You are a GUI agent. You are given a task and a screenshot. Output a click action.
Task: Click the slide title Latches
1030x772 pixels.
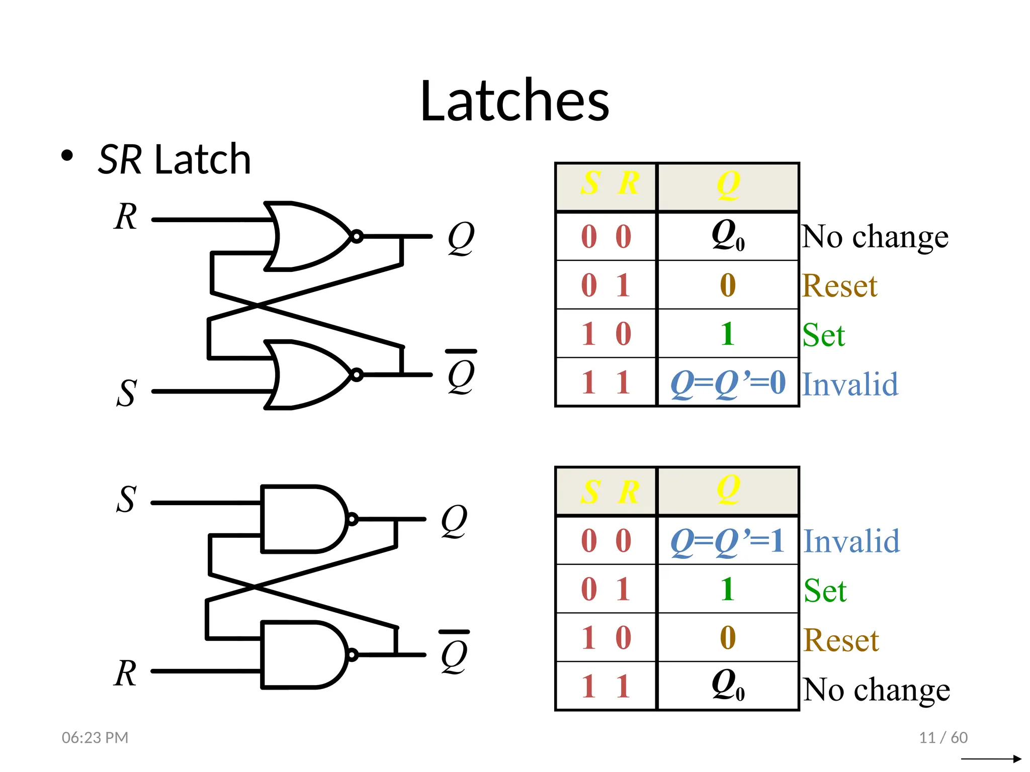514,101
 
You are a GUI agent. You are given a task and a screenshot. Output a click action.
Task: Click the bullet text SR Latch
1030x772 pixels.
174,160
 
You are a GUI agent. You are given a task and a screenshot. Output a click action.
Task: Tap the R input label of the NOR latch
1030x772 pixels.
125,217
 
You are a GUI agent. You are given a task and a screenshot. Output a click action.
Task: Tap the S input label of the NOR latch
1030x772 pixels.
126,393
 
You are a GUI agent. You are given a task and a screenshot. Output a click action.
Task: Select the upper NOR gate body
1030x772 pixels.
307,236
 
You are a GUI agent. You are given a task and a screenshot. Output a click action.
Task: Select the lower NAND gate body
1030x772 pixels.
302,654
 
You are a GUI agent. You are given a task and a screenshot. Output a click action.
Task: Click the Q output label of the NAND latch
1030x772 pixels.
454,521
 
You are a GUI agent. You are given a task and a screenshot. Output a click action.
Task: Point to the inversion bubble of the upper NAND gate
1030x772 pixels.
353,519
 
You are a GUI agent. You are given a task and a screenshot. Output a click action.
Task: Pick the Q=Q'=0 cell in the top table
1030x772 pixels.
728,383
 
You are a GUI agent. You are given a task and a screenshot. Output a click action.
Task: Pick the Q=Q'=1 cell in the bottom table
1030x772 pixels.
728,541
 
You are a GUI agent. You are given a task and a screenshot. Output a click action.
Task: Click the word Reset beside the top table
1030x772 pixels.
839,285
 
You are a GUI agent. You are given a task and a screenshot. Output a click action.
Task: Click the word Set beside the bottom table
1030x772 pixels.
825,590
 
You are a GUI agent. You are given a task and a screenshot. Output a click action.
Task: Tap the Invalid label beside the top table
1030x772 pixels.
850,384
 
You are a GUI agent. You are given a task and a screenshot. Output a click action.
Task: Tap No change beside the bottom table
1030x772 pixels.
876,689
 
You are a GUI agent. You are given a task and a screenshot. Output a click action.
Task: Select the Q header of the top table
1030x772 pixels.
728,185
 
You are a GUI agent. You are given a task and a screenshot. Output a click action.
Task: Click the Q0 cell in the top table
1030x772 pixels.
728,236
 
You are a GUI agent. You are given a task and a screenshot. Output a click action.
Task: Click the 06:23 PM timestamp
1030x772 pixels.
95,737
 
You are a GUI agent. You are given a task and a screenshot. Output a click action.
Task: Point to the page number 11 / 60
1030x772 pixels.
943,737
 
